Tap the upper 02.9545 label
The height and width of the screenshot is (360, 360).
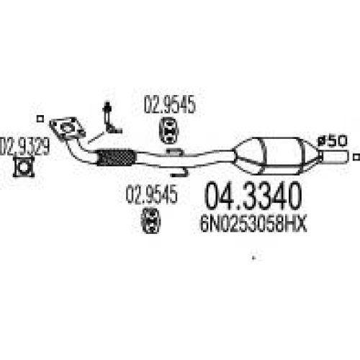point(170,105)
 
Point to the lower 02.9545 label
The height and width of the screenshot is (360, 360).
point(152,194)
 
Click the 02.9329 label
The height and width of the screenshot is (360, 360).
point(24,146)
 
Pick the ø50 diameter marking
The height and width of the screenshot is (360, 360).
point(333,141)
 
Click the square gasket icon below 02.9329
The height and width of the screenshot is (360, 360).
point(24,166)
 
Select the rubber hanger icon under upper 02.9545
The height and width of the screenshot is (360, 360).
point(168,130)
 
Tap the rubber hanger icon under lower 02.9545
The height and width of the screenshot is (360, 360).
point(150,220)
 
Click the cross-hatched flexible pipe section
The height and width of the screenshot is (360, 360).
point(116,158)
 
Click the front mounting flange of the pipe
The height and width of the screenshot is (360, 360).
point(68,128)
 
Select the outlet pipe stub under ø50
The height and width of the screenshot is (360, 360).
point(334,157)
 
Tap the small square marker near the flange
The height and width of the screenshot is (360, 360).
point(40,119)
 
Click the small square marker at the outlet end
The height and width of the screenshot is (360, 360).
point(356,157)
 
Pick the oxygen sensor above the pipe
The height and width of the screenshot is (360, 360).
point(112,118)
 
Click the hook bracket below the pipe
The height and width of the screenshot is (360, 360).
point(179,173)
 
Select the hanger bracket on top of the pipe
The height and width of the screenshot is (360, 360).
point(175,152)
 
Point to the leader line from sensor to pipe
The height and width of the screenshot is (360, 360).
point(96,138)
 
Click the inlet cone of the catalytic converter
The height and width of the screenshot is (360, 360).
point(247,155)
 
